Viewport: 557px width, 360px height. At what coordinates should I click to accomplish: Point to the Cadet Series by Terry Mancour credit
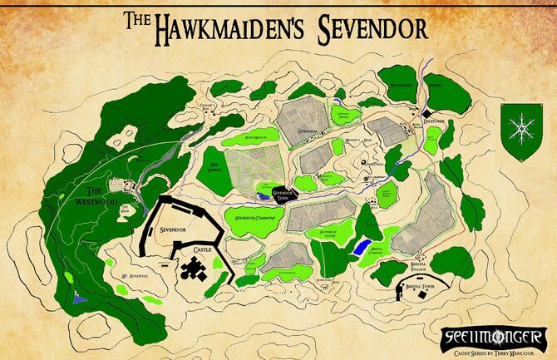click(498, 350)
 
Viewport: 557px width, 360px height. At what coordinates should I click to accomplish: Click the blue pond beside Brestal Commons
click(359, 247)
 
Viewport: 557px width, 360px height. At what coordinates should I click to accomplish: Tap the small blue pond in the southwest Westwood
click(77, 297)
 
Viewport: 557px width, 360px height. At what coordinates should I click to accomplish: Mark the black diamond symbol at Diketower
click(426, 112)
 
